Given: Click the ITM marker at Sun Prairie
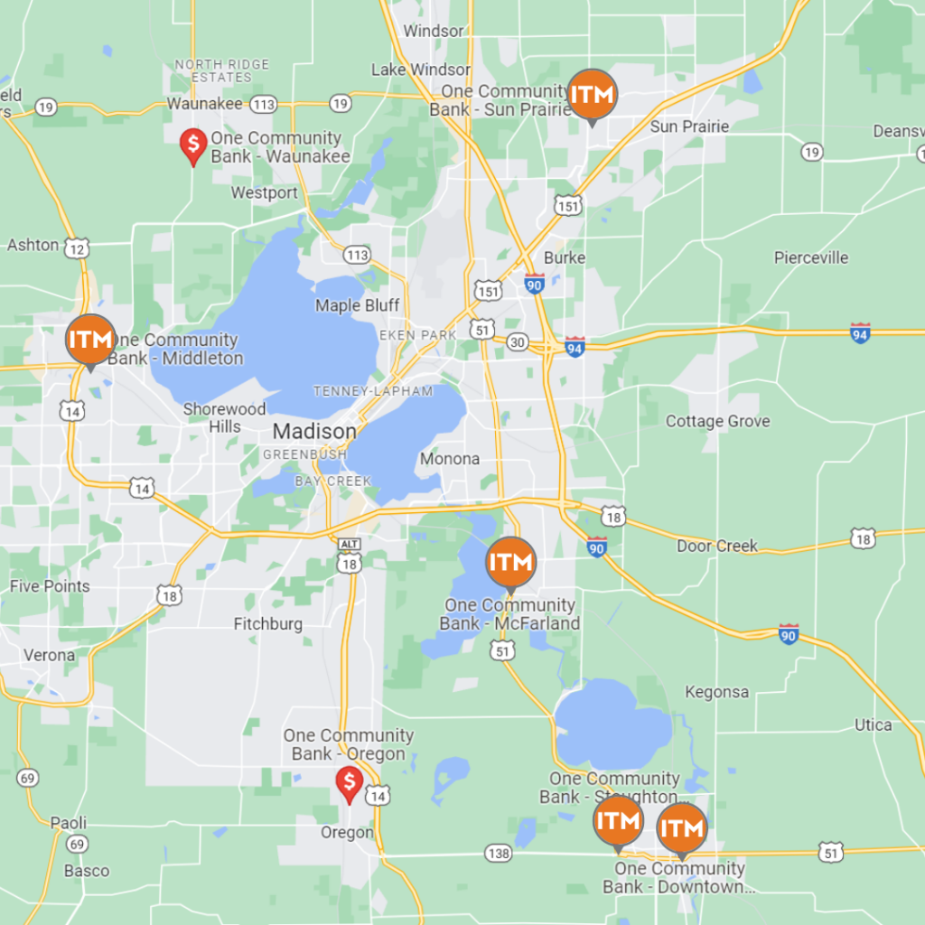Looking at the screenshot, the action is click(x=592, y=94).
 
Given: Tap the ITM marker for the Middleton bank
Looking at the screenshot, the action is click(x=90, y=341).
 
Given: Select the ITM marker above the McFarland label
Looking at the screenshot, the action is click(x=511, y=562).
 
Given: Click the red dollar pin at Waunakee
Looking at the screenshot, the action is click(x=192, y=145).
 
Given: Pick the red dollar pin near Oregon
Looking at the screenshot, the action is click(x=349, y=783).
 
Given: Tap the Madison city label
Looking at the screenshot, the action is click(x=313, y=431).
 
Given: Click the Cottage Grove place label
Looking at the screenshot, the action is click(x=717, y=421).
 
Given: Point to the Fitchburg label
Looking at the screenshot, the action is click(x=268, y=623).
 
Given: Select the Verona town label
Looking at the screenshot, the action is click(x=49, y=655).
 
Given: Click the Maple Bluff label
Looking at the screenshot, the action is click(x=357, y=305).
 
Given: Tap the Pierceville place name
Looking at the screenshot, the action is click(x=811, y=257).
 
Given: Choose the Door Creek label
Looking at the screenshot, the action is click(x=717, y=546).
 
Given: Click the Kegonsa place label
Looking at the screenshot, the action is click(x=716, y=692).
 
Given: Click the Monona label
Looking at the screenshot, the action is click(x=450, y=459).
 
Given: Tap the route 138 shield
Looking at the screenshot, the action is click(x=498, y=852).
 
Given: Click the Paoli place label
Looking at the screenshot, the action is click(x=68, y=823).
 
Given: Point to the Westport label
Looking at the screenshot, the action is click(x=264, y=192).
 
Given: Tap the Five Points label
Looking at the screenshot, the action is click(x=50, y=586).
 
